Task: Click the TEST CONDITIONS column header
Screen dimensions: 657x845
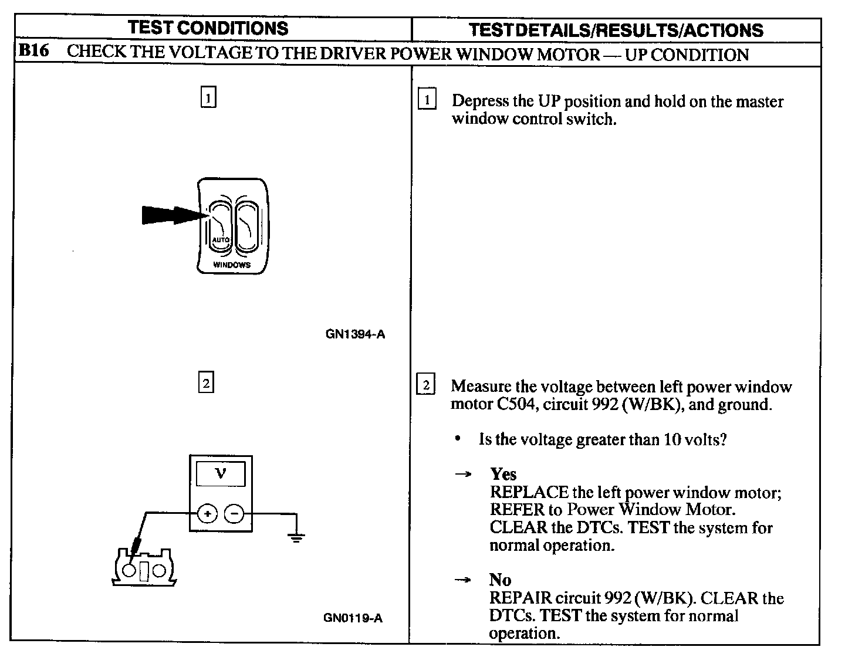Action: pyautogui.click(x=208, y=28)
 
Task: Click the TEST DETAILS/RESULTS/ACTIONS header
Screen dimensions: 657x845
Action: pyautogui.click(x=616, y=30)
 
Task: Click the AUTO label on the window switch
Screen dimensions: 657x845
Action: pyautogui.click(x=220, y=241)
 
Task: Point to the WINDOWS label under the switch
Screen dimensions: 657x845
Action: pyautogui.click(x=232, y=265)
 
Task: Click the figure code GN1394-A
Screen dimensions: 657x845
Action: pyautogui.click(x=355, y=335)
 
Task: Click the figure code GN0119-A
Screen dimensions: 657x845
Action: pyautogui.click(x=353, y=618)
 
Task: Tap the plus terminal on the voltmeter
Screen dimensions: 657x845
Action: pyautogui.click(x=207, y=514)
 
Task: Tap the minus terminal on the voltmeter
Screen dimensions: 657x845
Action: pyautogui.click(x=234, y=514)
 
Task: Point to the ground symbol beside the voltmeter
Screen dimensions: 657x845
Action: pyautogui.click(x=298, y=536)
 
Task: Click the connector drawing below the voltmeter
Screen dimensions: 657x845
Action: pyautogui.click(x=144, y=567)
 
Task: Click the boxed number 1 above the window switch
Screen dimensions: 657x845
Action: pyautogui.click(x=208, y=97)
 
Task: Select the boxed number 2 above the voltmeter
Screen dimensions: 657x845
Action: pyautogui.click(x=206, y=384)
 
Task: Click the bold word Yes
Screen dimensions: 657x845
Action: pyautogui.click(x=503, y=474)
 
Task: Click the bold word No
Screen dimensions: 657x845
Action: pyautogui.click(x=500, y=580)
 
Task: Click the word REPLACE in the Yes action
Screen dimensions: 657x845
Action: pyautogui.click(x=529, y=492)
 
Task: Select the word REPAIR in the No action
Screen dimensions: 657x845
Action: pyautogui.click(x=520, y=598)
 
